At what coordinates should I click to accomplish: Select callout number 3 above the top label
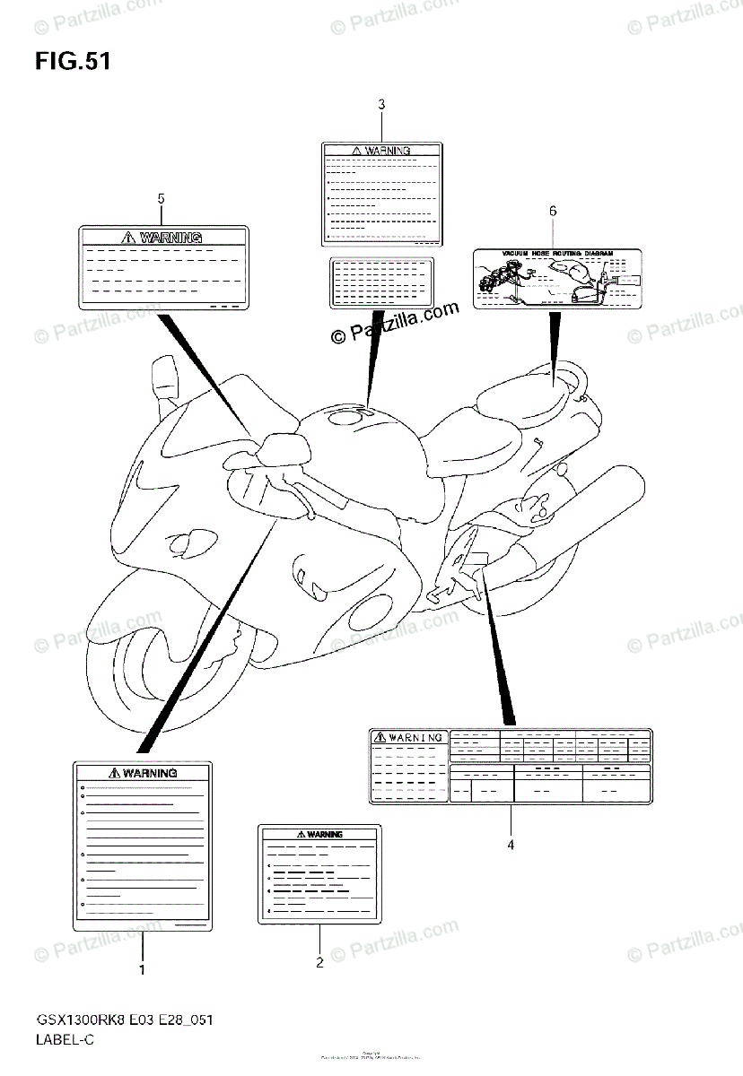tap(381, 105)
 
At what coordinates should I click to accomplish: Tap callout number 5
tap(162, 197)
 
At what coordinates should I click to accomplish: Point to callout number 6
tap(553, 211)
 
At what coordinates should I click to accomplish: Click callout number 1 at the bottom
tap(142, 968)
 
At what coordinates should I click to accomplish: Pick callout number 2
tap(319, 963)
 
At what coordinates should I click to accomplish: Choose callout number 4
tap(510, 844)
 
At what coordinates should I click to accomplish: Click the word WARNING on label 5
tap(170, 238)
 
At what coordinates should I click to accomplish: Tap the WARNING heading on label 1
tap(149, 772)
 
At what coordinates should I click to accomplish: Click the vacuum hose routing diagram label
tap(556, 278)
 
